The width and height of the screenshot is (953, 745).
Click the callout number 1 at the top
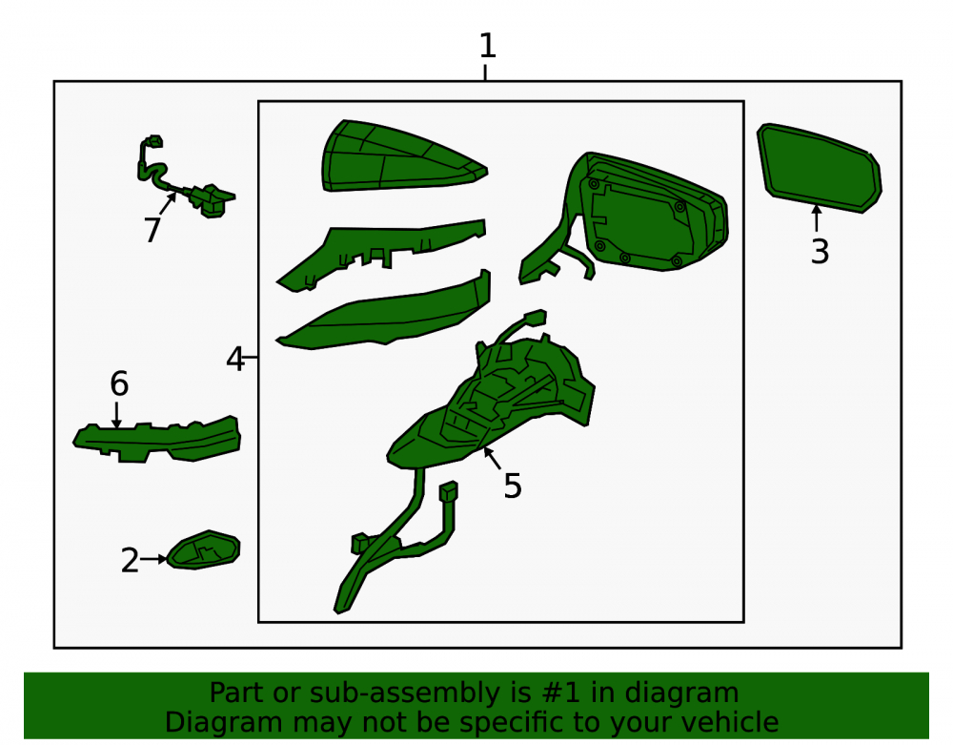tap(487, 46)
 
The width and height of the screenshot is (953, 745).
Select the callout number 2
tap(130, 560)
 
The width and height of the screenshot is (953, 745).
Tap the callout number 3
tap(820, 251)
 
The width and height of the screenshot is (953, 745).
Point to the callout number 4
tap(235, 359)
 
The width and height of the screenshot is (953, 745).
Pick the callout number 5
tap(513, 486)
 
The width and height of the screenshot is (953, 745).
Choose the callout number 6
tap(119, 383)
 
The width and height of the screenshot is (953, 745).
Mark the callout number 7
tap(152, 230)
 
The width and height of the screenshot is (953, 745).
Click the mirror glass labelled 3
tap(819, 167)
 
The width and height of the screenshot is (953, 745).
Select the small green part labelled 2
tap(204, 549)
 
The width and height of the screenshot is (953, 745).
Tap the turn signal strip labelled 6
tap(157, 439)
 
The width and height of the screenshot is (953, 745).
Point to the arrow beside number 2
tap(153, 559)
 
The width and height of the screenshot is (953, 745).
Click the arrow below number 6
tap(116, 415)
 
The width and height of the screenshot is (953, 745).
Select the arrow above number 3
tap(817, 217)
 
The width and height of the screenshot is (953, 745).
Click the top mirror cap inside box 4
tap(404, 155)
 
